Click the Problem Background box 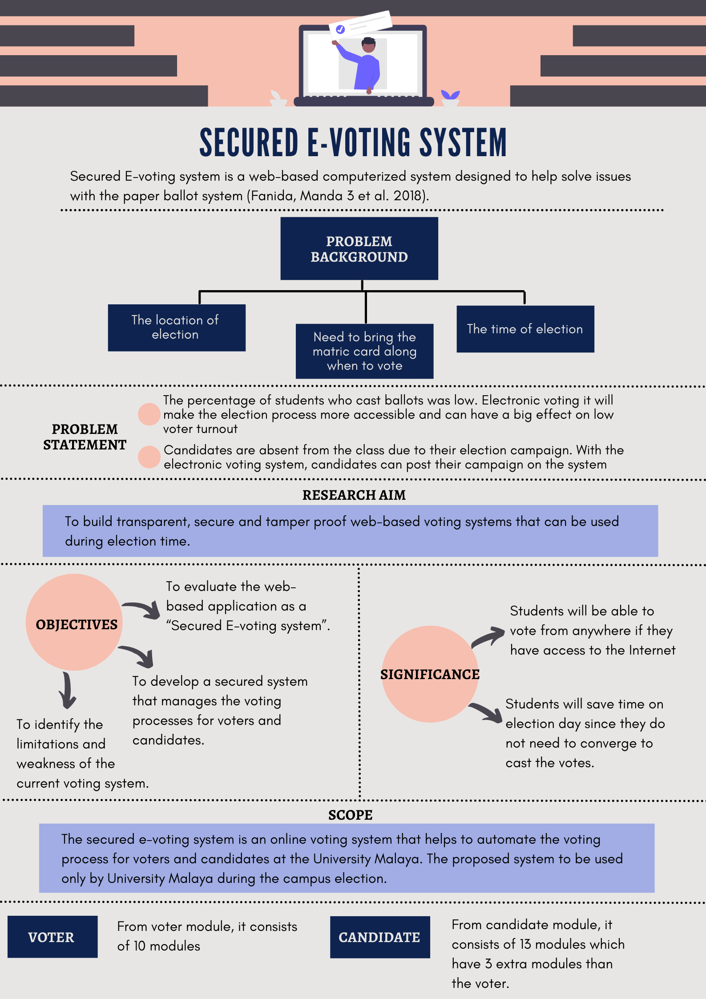(359, 248)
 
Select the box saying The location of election (177, 328)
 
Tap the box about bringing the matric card (364, 351)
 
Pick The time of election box (525, 329)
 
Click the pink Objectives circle (74, 622)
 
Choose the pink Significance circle (429, 674)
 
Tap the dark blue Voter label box (52, 937)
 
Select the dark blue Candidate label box (379, 937)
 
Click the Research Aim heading (354, 495)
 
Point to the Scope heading (350, 815)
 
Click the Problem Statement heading (85, 437)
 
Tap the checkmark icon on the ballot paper (340, 30)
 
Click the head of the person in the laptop (368, 44)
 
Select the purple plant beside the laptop (450, 95)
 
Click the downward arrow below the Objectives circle (67, 690)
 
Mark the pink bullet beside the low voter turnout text (149, 414)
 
